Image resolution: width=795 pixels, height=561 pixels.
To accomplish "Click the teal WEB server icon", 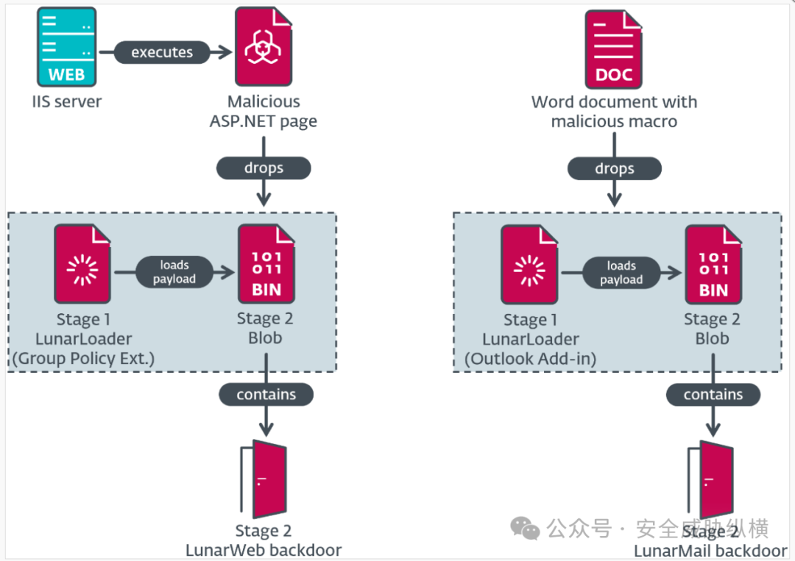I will tap(66, 46).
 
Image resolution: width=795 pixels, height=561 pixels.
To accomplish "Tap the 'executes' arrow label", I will tap(162, 52).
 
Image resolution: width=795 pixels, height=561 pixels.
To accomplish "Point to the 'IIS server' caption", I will tap(67, 101).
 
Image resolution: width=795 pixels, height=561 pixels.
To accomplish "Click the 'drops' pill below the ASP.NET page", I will tap(264, 168).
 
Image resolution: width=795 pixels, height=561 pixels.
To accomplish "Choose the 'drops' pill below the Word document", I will tap(615, 169).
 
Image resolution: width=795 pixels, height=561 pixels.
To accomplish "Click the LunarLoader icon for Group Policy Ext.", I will tap(82, 265).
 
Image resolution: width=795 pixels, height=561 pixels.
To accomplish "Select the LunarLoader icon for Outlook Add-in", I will tap(529, 265).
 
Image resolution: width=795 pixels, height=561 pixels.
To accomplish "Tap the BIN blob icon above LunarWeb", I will tap(266, 265).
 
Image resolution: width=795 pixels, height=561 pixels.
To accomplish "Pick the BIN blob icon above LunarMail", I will tap(713, 265).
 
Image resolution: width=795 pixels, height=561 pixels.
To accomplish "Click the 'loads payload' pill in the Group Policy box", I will tap(174, 272).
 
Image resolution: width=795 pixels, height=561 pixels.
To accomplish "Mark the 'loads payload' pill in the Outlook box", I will tap(621, 273).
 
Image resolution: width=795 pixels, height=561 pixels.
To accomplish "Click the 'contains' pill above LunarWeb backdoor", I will tap(266, 394).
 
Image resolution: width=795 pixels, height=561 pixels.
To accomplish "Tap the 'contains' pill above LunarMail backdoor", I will tap(713, 395).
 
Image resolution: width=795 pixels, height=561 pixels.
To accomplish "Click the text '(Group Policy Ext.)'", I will tap(82, 358).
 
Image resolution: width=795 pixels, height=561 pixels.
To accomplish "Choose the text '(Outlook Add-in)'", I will tap(530, 358).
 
